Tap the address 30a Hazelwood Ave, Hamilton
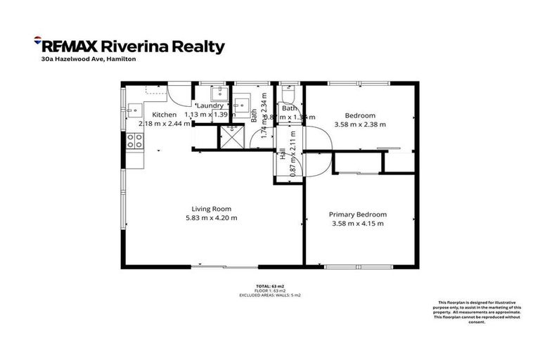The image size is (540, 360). click(88, 60)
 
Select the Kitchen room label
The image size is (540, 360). click(164, 115)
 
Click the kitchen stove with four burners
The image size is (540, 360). click(135, 141)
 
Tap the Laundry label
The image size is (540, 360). click(210, 105)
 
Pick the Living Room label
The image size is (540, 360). click(212, 209)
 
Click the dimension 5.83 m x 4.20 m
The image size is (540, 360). click(212, 218)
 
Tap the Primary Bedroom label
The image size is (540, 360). click(358, 214)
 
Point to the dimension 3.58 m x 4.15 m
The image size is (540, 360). click(358, 224)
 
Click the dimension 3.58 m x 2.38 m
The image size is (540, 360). click(360, 124)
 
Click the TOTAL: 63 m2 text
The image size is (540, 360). click(270, 285)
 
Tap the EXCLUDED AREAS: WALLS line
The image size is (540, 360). click(270, 294)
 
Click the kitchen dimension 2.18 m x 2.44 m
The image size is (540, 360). click(164, 123)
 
